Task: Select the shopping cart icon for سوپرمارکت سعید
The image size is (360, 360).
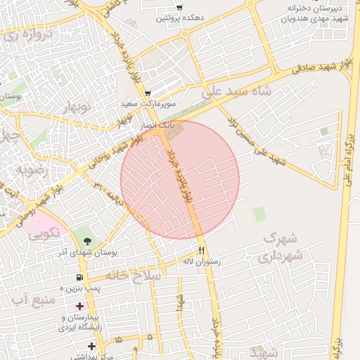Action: pos(148,94)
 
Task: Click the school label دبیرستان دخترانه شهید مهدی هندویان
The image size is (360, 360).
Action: pos(302,13)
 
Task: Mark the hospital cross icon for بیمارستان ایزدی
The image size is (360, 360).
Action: pos(79,307)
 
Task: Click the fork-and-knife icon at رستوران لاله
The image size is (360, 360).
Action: pos(200,250)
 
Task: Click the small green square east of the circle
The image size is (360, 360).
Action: pos(259,214)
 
